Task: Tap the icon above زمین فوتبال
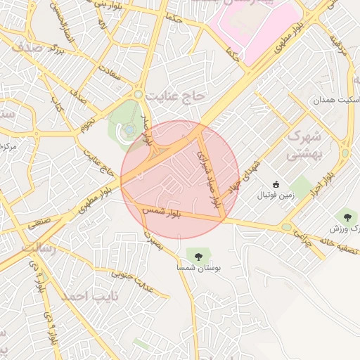coord(276,184)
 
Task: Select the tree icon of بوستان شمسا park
coord(195,255)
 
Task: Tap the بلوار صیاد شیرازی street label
coord(210,180)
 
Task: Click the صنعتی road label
coord(39,225)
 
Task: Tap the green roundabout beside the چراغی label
coord(287,227)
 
